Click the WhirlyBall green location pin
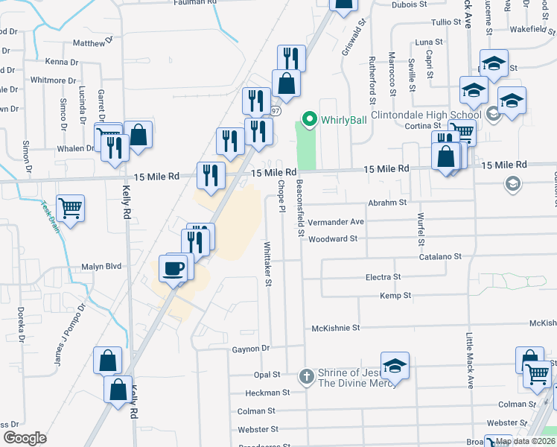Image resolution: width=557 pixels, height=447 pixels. pyautogui.click(x=309, y=118)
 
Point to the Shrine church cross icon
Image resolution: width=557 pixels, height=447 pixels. pyautogui.click(x=306, y=376)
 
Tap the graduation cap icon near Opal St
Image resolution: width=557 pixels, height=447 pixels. pyautogui.click(x=395, y=366)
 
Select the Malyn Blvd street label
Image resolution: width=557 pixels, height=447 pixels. pyautogui.click(x=101, y=266)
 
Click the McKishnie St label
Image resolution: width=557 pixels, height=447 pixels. pyautogui.click(x=335, y=327)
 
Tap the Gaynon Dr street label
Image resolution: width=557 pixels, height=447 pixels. pyautogui.click(x=249, y=349)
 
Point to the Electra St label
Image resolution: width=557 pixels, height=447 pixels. pyautogui.click(x=383, y=277)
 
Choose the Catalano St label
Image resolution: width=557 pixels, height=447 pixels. pyautogui.click(x=439, y=256)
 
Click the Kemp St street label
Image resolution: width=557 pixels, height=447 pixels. pyautogui.click(x=395, y=296)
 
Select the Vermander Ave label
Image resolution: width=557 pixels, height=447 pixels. pyautogui.click(x=336, y=221)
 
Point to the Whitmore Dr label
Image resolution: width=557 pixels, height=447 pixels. pyautogui.click(x=54, y=80)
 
